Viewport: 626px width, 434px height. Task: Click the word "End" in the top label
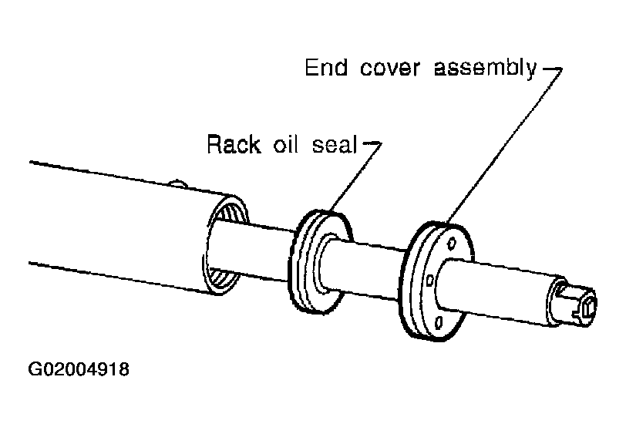[x=326, y=68]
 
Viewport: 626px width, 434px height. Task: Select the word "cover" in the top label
[x=389, y=69]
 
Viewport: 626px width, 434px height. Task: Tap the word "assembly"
[x=485, y=69]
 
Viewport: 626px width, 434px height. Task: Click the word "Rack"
[x=233, y=144]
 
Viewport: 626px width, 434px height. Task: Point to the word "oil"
[x=285, y=144]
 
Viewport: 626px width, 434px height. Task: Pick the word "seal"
[x=334, y=144]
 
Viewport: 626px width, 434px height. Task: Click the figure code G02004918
[x=79, y=369]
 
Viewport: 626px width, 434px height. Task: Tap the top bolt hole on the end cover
[x=452, y=242]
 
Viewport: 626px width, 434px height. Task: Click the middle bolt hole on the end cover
[x=430, y=281]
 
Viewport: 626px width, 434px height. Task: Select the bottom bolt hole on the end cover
[x=439, y=321]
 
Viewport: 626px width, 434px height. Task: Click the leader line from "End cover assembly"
[x=504, y=146]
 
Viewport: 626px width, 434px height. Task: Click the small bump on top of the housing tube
[x=178, y=184]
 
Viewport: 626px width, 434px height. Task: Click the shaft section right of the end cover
[x=499, y=291]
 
